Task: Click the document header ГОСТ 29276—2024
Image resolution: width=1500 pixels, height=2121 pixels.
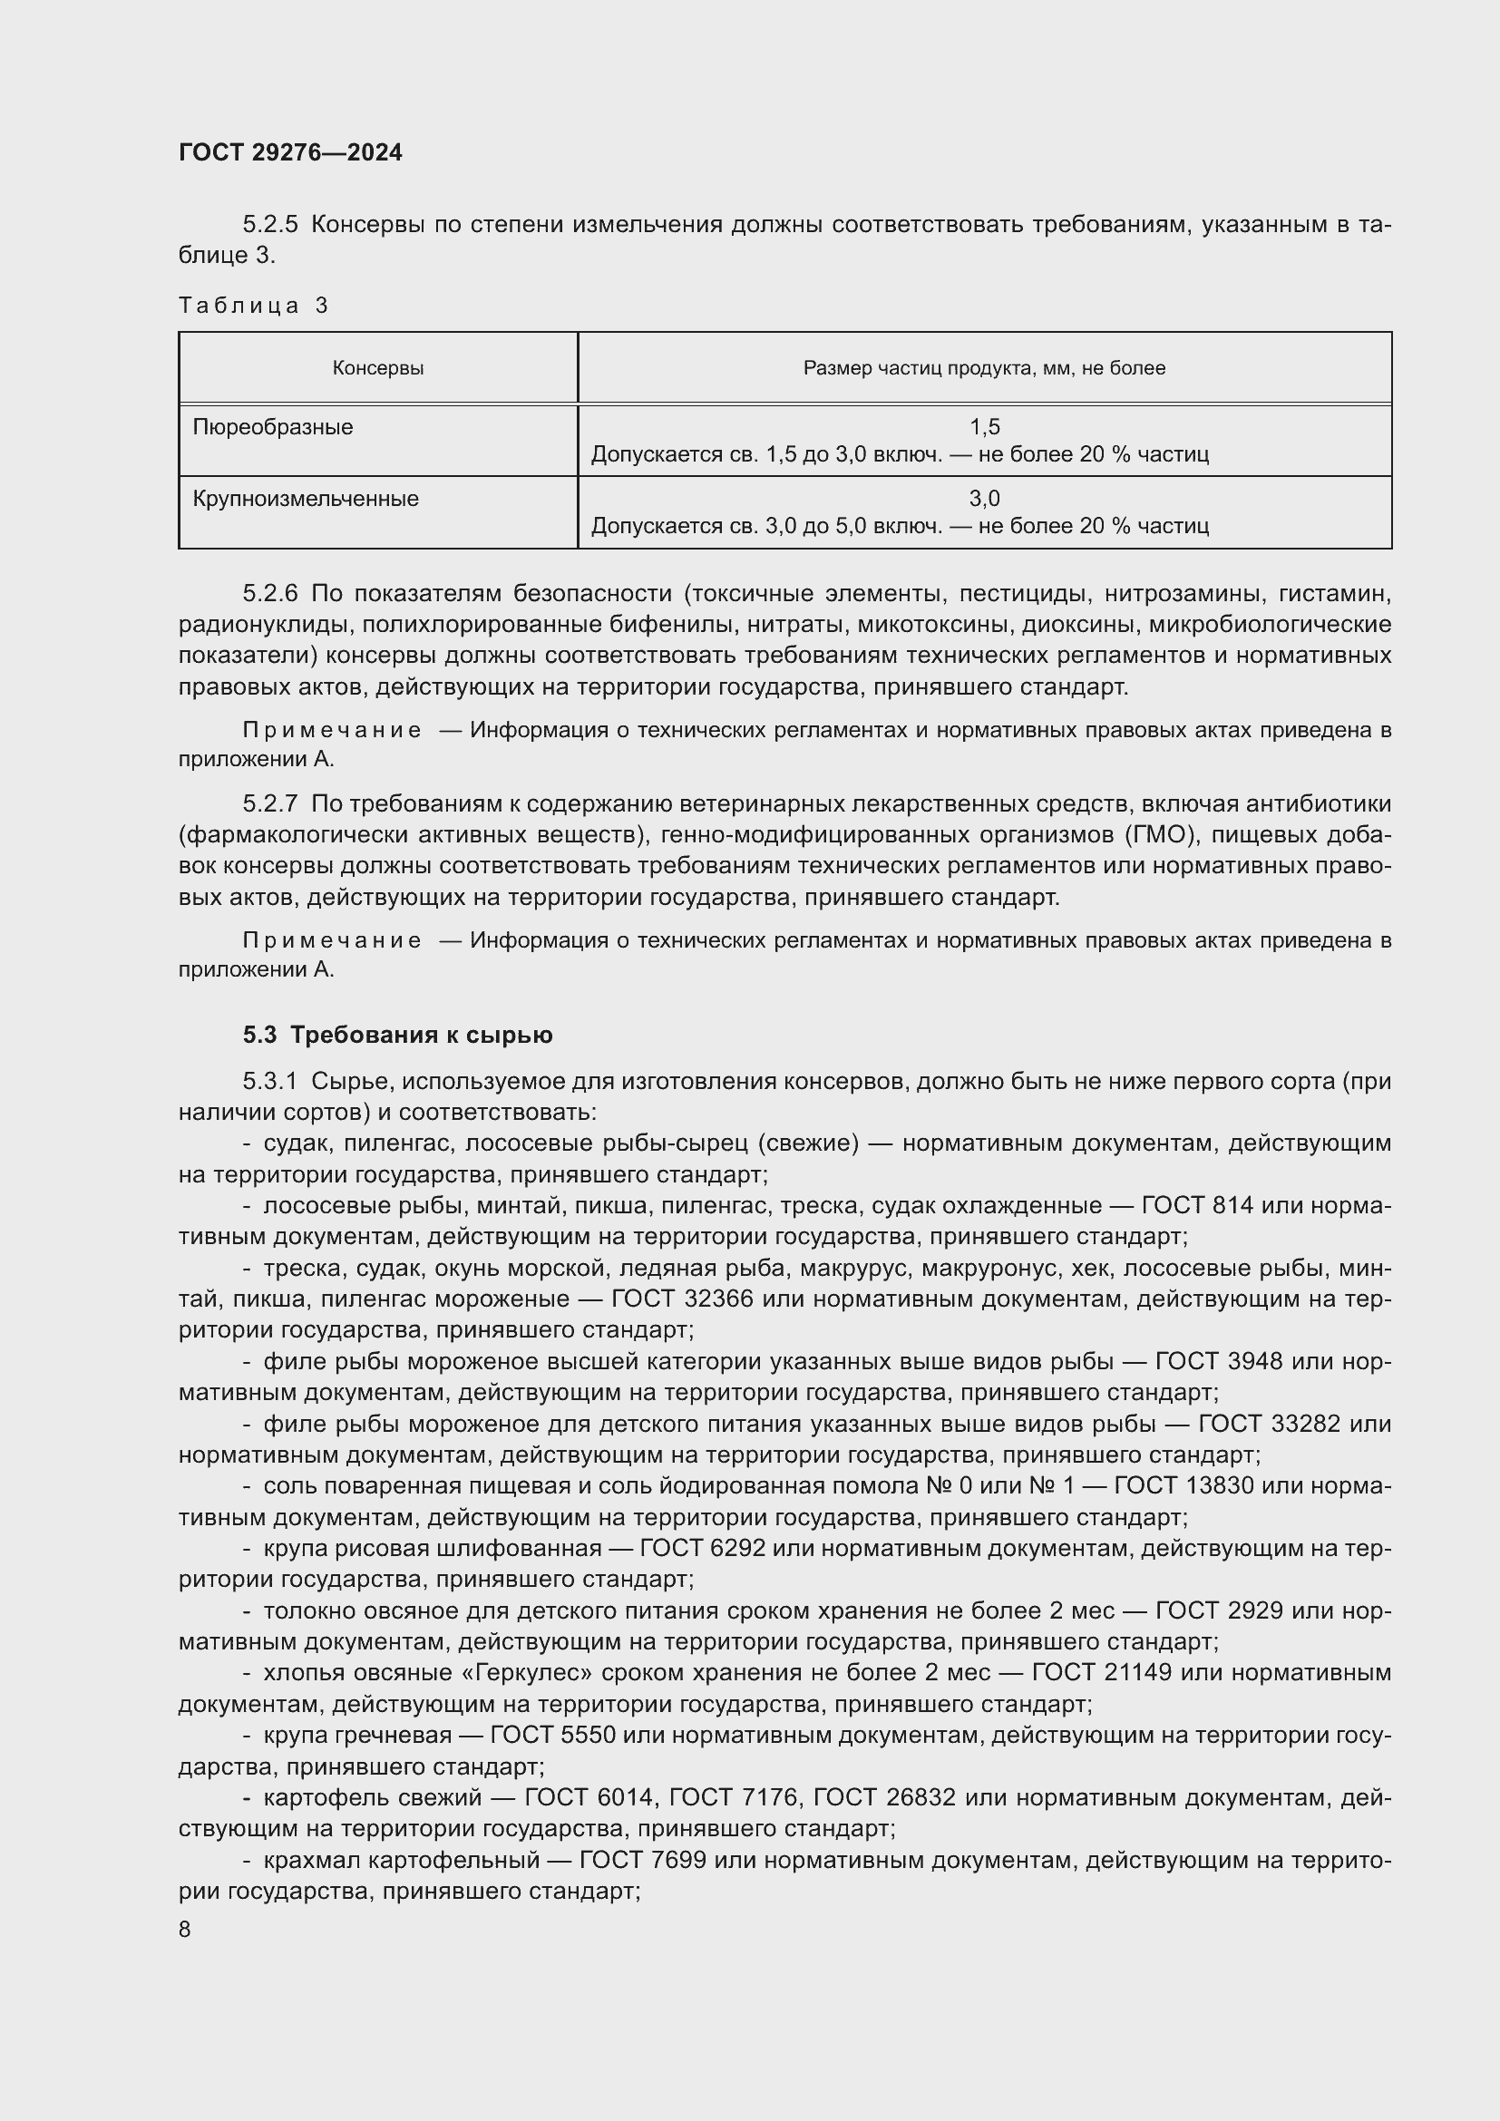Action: tap(290, 152)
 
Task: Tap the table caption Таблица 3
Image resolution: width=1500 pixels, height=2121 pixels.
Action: tap(253, 305)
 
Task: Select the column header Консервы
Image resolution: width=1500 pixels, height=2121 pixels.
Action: tap(378, 367)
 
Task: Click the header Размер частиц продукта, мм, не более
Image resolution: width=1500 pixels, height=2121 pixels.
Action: tap(984, 367)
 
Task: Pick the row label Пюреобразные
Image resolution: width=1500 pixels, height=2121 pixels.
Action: tap(272, 427)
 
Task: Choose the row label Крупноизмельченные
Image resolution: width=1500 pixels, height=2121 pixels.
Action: tap(305, 499)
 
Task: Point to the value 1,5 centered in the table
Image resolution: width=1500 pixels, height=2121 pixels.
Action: tap(985, 427)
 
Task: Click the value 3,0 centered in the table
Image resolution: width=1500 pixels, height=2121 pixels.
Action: tap(985, 499)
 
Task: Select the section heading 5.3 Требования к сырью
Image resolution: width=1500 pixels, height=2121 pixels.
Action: tap(397, 1035)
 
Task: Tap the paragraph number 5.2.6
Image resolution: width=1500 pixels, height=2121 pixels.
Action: tap(270, 592)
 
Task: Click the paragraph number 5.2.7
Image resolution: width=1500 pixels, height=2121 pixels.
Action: tap(270, 803)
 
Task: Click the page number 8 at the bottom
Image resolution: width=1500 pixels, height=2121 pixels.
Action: tap(185, 1929)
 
